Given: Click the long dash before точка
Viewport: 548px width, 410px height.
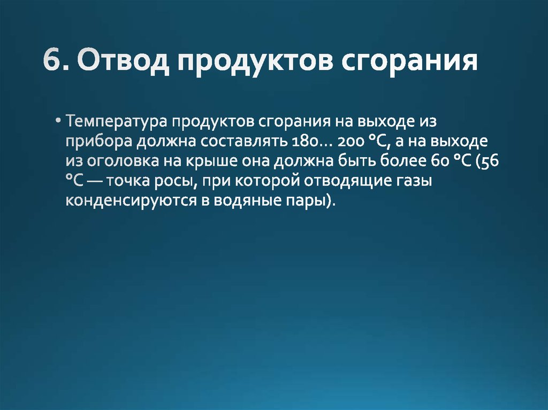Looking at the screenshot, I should (x=95, y=182).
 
